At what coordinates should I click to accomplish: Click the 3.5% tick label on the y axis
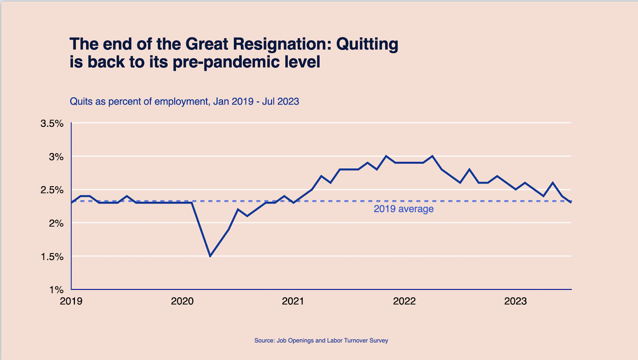pos(52,124)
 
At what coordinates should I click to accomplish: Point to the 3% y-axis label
pos(56,157)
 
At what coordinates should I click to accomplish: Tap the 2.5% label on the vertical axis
pos(52,190)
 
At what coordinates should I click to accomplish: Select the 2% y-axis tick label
pos(56,223)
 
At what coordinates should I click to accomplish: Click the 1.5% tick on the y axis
pos(52,257)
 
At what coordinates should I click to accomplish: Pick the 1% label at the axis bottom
pos(56,290)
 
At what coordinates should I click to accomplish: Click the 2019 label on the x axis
pos(71,301)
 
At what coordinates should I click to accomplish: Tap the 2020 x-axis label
pos(182,301)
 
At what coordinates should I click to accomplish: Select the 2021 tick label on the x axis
pos(293,301)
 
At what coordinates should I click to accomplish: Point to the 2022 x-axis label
pos(404,301)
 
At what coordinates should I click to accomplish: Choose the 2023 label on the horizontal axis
pos(516,301)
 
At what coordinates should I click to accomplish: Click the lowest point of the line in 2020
pos(210,256)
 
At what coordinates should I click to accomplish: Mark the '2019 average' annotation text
pos(404,209)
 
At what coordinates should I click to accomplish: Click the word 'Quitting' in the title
pos(367,44)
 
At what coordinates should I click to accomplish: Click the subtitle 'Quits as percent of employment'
pos(139,102)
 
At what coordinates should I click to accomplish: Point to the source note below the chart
pos(321,340)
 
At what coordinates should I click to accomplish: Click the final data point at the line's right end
pos(571,202)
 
